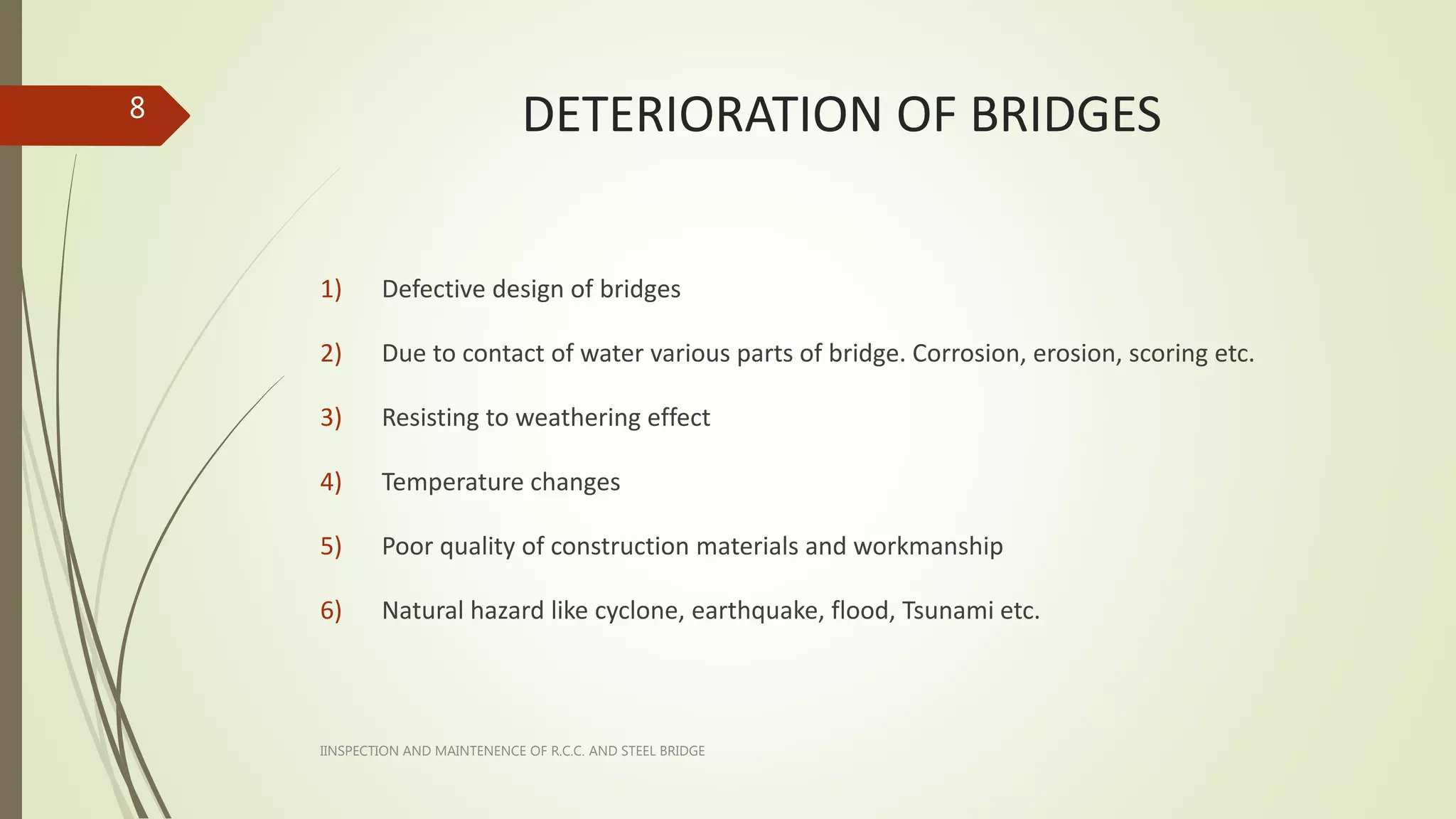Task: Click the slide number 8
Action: (x=137, y=108)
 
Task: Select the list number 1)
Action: (x=331, y=289)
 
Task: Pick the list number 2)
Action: (x=331, y=353)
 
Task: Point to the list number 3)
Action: (x=331, y=417)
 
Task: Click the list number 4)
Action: (x=331, y=482)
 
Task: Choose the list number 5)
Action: (x=331, y=546)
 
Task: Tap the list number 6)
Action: (x=331, y=611)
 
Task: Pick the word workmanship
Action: (x=928, y=546)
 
